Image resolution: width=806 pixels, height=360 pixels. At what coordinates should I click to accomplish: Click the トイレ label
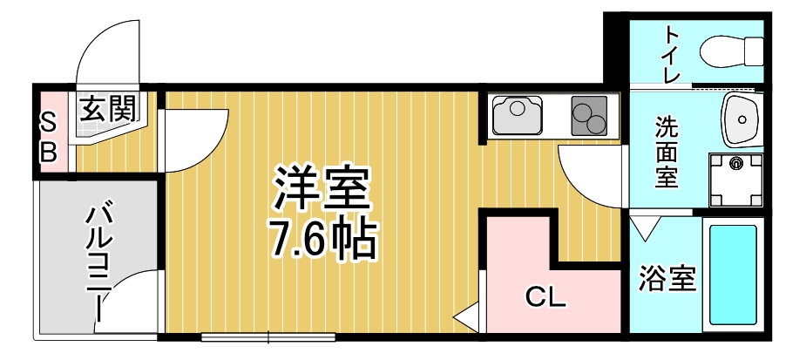[x=672, y=54]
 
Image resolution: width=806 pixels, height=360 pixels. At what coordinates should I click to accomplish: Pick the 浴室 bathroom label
[x=667, y=281]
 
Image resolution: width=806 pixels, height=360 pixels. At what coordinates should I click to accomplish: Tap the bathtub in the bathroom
[x=732, y=275]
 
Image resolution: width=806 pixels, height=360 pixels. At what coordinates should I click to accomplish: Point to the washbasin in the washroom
[x=740, y=118]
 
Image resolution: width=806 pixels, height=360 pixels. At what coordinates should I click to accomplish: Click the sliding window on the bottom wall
[x=268, y=336]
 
